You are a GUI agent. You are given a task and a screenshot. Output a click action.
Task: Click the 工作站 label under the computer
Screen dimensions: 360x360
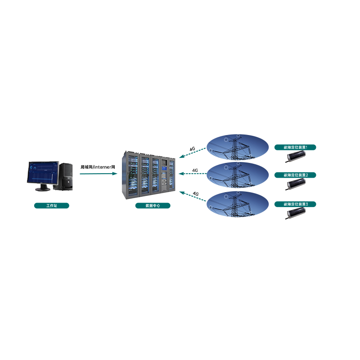pyautogui.click(x=51, y=206)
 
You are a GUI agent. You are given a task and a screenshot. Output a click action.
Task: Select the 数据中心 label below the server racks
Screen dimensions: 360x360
pyautogui.click(x=153, y=206)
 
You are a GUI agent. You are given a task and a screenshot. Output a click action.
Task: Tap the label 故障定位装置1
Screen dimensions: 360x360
pyautogui.click(x=295, y=147)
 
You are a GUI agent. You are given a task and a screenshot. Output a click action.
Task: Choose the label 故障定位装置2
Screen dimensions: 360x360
pyautogui.click(x=295, y=175)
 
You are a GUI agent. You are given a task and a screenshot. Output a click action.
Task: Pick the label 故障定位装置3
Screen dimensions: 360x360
pyautogui.click(x=295, y=204)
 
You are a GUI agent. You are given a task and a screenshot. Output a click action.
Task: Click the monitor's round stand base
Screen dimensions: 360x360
pyautogui.click(x=42, y=189)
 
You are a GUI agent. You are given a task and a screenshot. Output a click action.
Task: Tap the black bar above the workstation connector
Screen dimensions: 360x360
pyautogui.click(x=97, y=167)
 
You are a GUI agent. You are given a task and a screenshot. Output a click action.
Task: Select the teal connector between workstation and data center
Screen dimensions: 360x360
pyautogui.click(x=98, y=173)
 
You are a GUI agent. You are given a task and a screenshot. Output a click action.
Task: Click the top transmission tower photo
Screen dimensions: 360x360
pyautogui.click(x=238, y=147)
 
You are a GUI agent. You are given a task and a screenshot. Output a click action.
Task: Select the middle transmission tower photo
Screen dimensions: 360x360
pyautogui.click(x=238, y=175)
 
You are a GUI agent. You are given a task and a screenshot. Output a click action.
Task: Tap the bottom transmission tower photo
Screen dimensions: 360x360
pyautogui.click(x=238, y=204)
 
